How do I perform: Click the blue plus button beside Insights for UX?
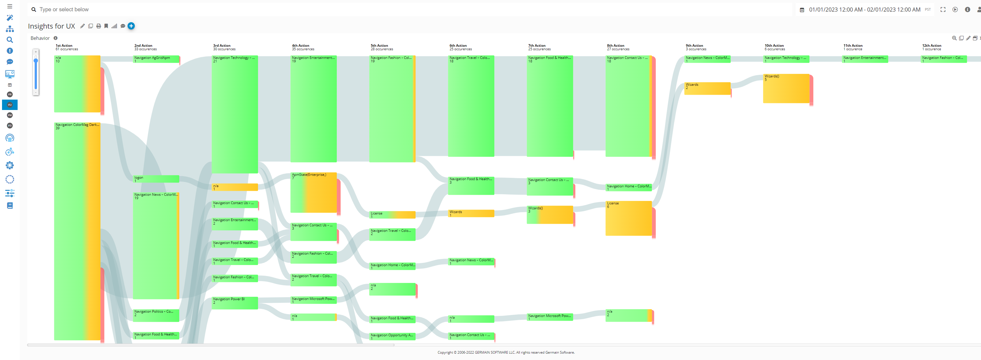(131, 26)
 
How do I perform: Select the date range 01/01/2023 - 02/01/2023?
(864, 10)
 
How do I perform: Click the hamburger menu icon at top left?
(10, 6)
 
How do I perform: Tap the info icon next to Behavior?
(56, 38)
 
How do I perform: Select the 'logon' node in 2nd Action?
(156, 179)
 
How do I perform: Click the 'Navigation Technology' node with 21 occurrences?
(235, 114)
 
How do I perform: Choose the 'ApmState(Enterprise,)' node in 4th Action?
(313, 192)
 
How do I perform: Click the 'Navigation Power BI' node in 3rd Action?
(235, 303)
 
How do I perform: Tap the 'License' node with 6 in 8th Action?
(628, 218)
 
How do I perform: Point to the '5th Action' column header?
(379, 46)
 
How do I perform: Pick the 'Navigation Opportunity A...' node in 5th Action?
(392, 336)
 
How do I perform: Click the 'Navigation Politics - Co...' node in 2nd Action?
(156, 315)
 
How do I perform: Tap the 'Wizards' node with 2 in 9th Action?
(707, 88)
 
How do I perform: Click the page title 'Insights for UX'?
(51, 26)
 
